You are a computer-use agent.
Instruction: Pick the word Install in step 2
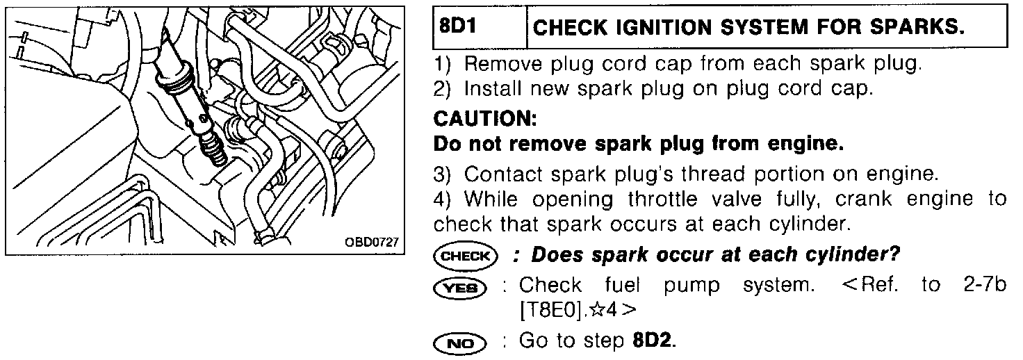pyautogui.click(x=493, y=90)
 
